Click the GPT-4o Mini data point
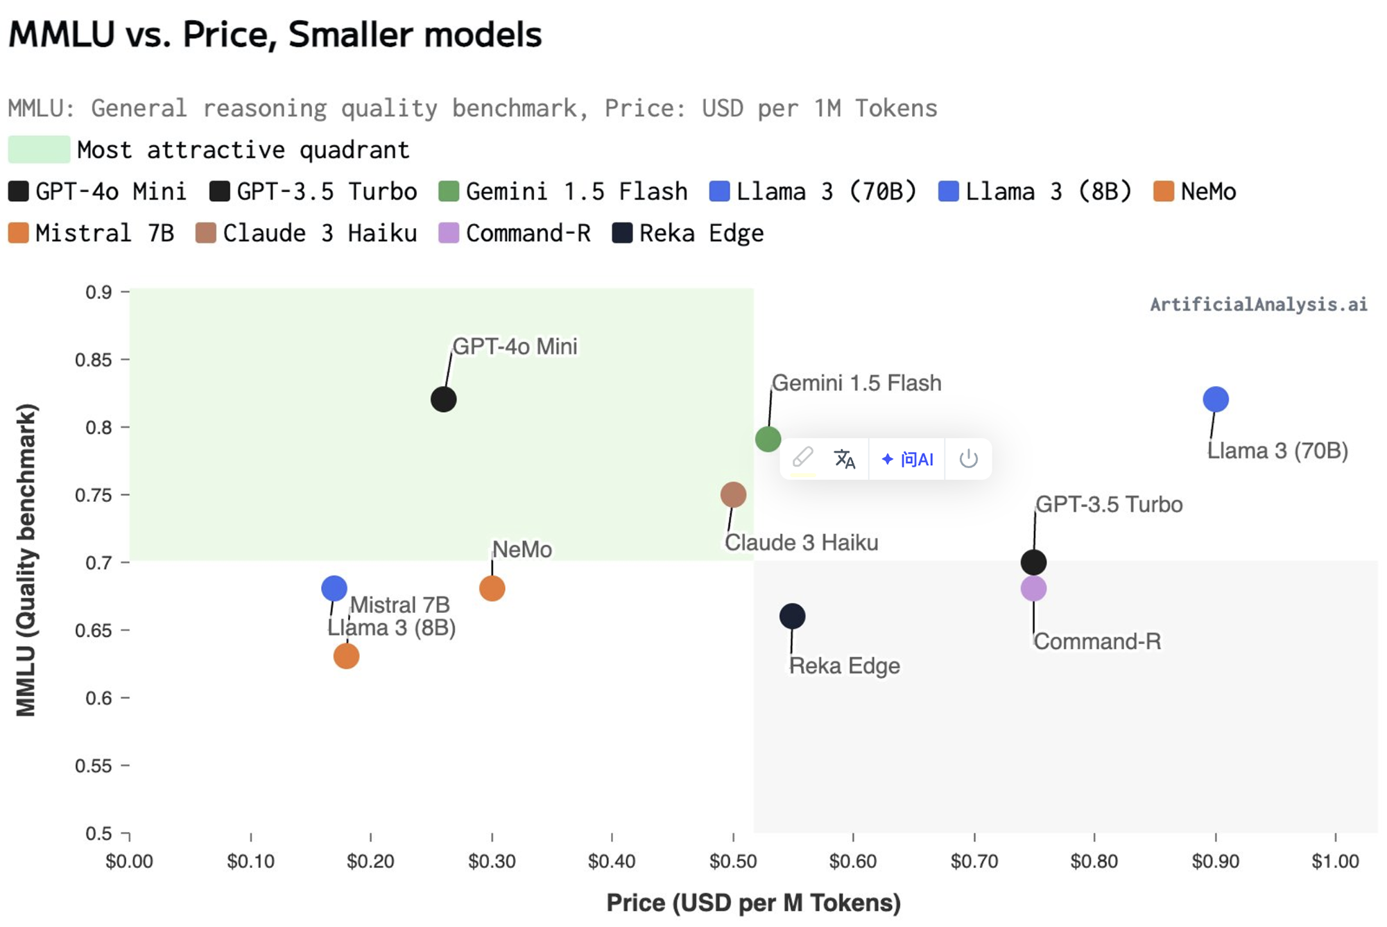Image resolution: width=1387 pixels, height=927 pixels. (x=443, y=399)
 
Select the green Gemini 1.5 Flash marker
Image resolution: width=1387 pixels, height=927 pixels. (x=768, y=439)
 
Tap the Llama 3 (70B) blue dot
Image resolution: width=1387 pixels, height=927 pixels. (x=1215, y=399)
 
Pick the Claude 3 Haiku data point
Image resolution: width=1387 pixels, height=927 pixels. (x=733, y=494)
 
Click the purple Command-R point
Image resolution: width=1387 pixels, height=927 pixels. (x=1033, y=589)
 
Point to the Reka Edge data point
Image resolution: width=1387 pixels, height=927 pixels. (x=792, y=616)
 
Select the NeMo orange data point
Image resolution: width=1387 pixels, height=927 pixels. (x=492, y=589)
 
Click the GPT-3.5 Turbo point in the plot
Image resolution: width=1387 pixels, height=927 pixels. (x=1033, y=562)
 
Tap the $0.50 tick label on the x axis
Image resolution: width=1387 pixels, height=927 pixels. (x=733, y=862)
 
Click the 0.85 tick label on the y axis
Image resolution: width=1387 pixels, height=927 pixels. (x=93, y=360)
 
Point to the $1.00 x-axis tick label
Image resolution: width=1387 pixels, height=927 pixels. (x=1335, y=862)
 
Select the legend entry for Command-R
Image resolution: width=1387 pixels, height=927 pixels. (x=515, y=234)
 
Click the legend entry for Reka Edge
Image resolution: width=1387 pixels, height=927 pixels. (x=688, y=234)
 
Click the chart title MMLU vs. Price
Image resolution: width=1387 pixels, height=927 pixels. (x=275, y=35)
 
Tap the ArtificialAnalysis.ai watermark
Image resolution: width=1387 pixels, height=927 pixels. (x=1258, y=304)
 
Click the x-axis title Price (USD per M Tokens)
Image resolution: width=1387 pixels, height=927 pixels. (x=753, y=903)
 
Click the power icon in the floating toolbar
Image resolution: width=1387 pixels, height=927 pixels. (x=968, y=459)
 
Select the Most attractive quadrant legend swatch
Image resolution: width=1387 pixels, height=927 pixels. (x=40, y=150)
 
